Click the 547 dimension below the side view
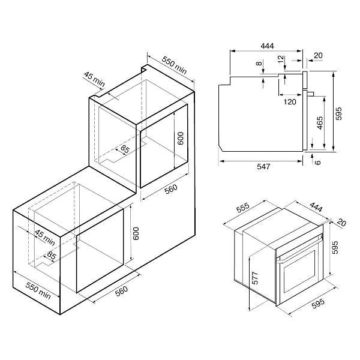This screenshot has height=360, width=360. [263, 166]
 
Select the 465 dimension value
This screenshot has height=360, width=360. [319, 123]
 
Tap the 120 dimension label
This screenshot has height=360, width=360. [290, 102]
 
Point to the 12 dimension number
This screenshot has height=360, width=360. [281, 59]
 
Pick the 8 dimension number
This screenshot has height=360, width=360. [259, 63]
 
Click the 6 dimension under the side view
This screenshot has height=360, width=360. [317, 163]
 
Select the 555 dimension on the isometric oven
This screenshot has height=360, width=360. [242, 208]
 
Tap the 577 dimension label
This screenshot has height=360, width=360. [255, 278]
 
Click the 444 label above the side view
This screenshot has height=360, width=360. [267, 46]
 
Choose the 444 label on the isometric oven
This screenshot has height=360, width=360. [316, 207]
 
